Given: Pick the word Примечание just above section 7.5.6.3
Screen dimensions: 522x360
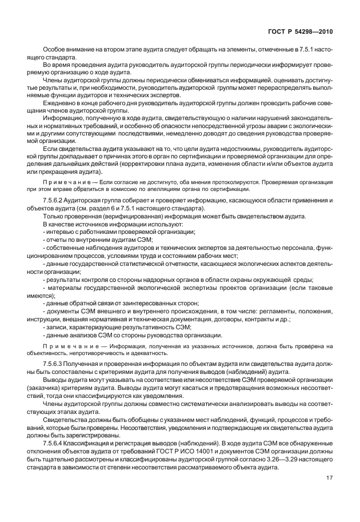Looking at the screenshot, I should tap(66, 346).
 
